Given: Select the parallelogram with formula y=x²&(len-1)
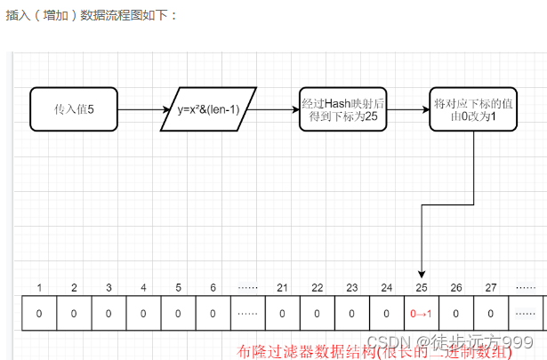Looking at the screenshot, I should click(209, 109).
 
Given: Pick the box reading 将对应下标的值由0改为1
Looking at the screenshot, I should click(473, 109).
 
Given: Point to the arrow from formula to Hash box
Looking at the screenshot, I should click(277, 109).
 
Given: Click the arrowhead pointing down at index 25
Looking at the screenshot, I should click(421, 272).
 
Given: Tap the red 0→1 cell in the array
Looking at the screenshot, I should click(421, 314).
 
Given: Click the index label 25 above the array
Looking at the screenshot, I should click(421, 287).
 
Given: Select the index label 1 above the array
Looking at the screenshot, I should click(39, 287).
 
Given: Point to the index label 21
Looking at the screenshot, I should click(282, 287).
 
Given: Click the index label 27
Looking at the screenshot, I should click(491, 287).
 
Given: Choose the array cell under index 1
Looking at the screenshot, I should click(39, 314).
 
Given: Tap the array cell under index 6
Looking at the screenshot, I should click(213, 314).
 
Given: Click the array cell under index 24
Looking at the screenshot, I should click(386, 314).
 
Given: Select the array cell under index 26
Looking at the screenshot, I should click(456, 314).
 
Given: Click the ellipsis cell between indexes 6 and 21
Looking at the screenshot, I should click(248, 314).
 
